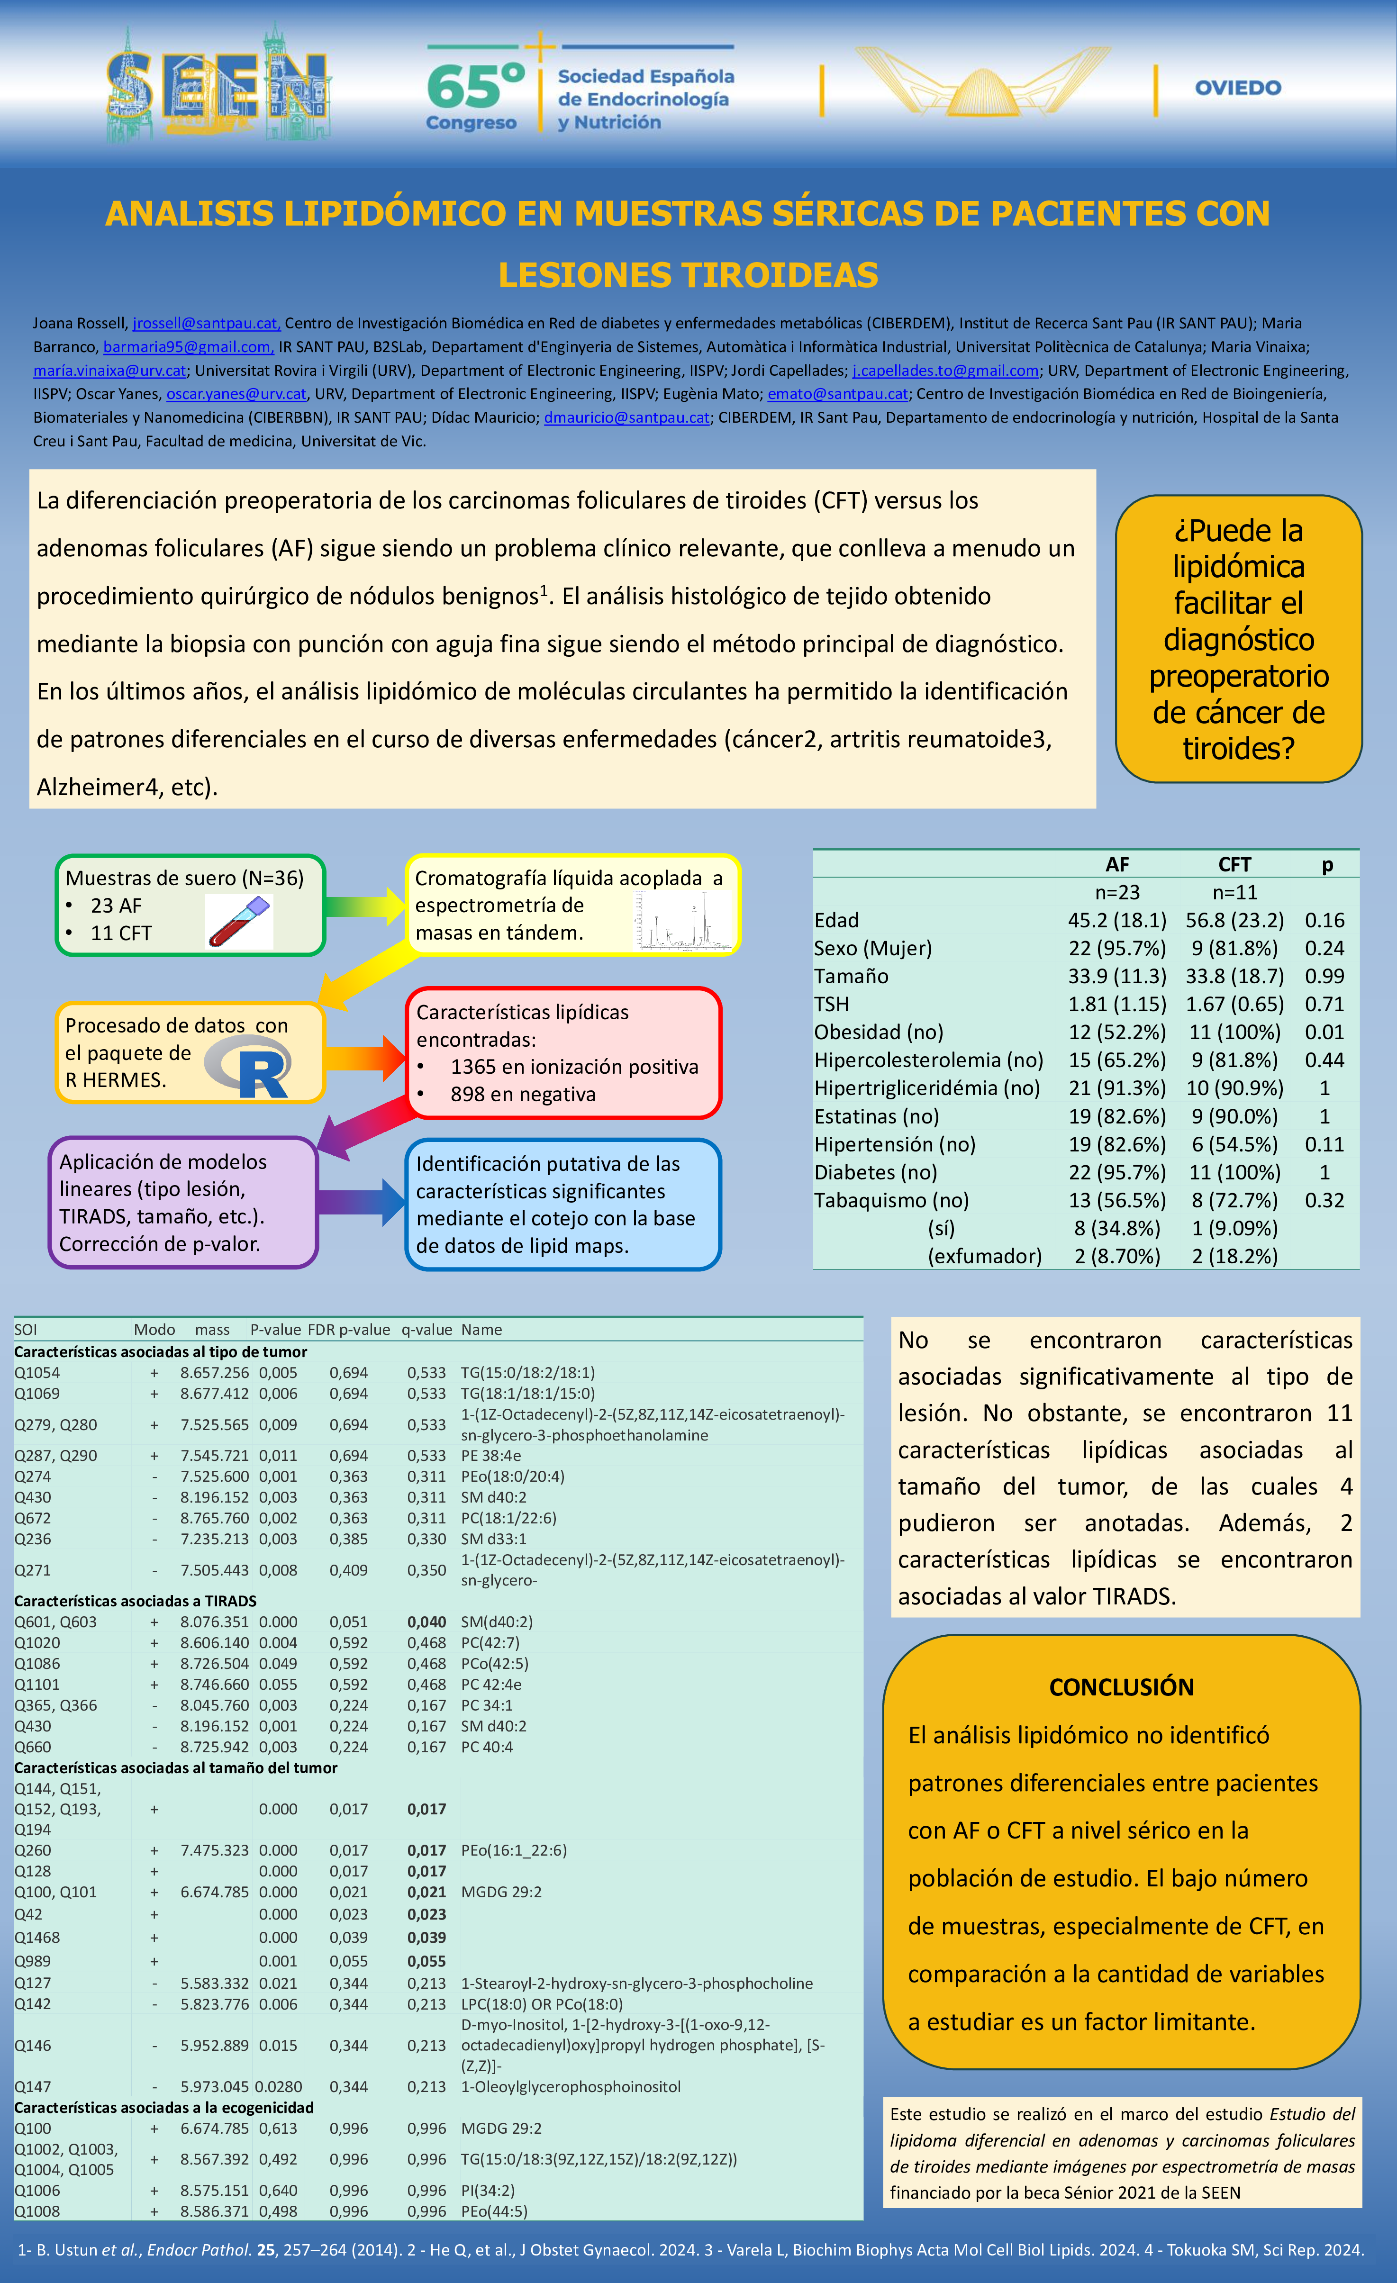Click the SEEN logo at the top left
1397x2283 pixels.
[x=218, y=85]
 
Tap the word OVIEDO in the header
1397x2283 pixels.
[x=1238, y=88]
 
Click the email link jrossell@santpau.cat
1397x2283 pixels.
[x=206, y=323]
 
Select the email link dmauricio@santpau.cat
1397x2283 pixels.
[x=626, y=418]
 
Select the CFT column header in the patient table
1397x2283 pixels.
[x=1234, y=864]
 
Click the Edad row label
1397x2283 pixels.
[x=836, y=920]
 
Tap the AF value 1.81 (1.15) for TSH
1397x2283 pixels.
[x=1116, y=1005]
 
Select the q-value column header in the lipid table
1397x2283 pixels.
[x=426, y=1330]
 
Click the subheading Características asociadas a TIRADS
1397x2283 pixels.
[x=135, y=1601]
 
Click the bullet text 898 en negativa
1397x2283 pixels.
[x=523, y=1094]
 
